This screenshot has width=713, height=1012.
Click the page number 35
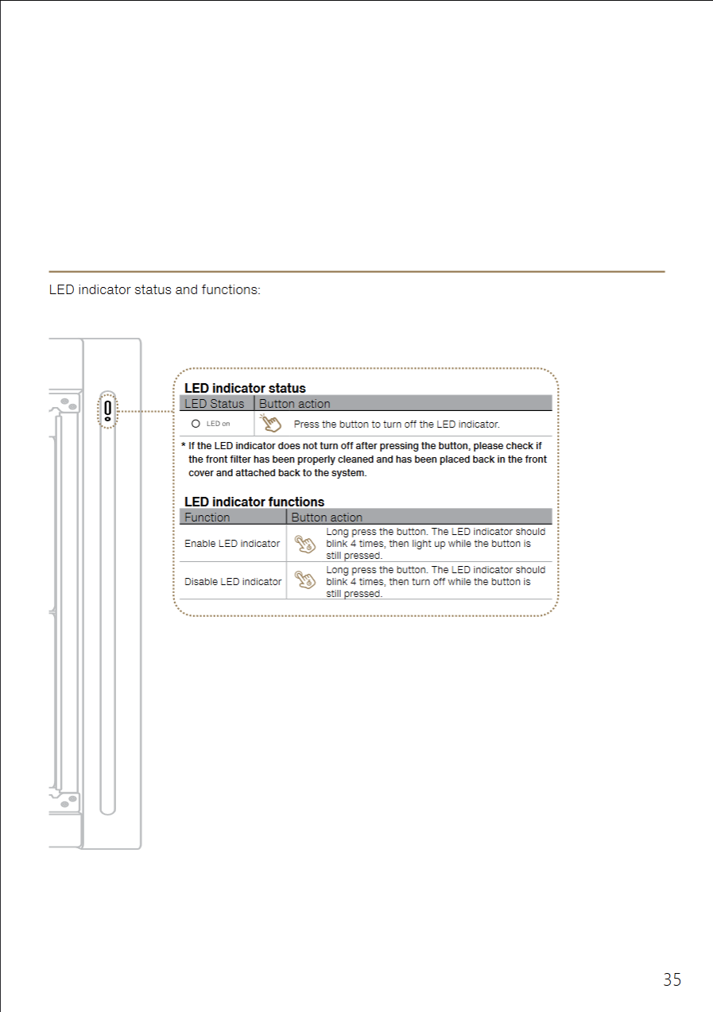(672, 979)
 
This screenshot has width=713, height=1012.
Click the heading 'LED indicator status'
(245, 389)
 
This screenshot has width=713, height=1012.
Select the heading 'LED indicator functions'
(254, 502)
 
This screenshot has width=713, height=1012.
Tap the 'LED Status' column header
(215, 404)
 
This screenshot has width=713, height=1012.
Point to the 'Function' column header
(207, 518)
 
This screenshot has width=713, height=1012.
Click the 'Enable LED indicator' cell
(232, 544)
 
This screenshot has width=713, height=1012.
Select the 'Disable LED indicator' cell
(233, 582)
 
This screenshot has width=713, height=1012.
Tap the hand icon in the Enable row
(304, 544)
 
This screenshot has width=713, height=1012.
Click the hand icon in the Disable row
(304, 580)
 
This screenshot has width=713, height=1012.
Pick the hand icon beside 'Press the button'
(272, 423)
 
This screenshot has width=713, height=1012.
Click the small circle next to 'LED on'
(196, 424)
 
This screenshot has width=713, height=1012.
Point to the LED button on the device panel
(107, 409)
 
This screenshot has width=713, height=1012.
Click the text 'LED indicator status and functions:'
(154, 289)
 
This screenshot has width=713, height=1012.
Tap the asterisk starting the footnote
(183, 447)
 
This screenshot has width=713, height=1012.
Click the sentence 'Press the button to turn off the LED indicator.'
(397, 425)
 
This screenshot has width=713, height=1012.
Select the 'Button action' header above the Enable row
(327, 518)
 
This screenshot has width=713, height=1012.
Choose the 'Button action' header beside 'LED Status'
(295, 404)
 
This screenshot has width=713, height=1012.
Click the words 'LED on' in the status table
(218, 424)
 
